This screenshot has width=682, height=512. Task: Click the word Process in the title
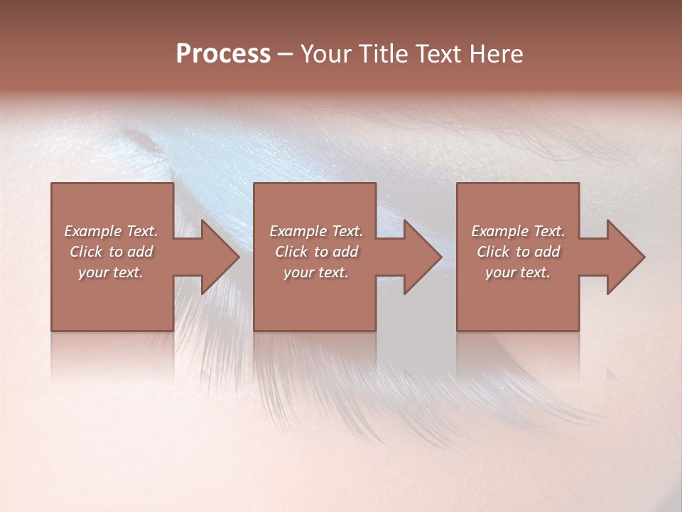(223, 54)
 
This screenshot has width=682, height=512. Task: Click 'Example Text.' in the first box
(111, 231)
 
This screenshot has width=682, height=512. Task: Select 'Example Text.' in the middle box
(316, 231)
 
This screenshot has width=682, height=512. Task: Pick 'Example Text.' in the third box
(518, 231)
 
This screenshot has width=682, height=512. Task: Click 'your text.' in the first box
(111, 272)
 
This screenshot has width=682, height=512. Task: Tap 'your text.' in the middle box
(316, 272)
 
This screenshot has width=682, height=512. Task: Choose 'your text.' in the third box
(518, 272)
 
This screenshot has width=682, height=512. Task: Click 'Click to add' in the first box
(111, 252)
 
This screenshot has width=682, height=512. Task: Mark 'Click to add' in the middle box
(316, 252)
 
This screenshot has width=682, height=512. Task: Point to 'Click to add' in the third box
(518, 252)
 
